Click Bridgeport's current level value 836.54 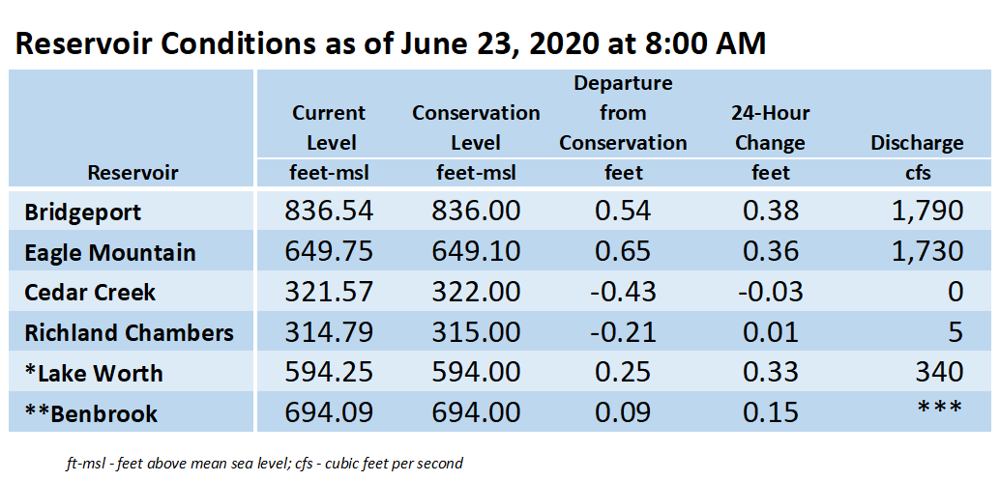329,211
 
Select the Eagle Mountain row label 109,252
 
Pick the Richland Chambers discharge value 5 955,332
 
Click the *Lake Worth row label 94,374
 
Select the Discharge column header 917,143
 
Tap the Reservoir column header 132,173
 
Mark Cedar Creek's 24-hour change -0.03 770,292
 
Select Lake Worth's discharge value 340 940,373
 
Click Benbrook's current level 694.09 329,412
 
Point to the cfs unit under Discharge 917,172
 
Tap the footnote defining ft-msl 264,464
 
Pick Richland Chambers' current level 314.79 329,332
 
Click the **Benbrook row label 91,413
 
